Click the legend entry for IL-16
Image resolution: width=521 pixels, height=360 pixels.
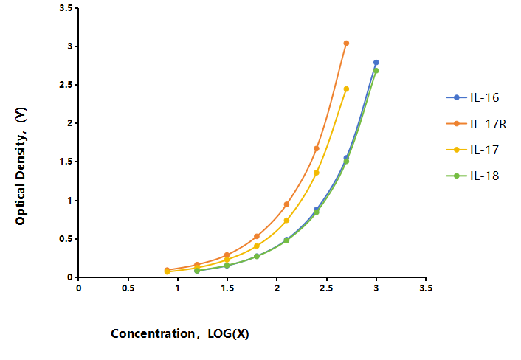coord(472,97)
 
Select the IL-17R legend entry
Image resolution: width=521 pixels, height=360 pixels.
coord(476,123)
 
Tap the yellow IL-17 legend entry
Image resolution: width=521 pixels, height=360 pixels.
coord(472,150)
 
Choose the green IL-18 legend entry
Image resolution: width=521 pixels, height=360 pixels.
coord(472,176)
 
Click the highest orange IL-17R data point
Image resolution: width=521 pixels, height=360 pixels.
coord(346,44)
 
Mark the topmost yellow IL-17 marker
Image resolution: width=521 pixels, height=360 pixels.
coord(346,89)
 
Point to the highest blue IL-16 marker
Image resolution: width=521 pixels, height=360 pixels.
coord(376,63)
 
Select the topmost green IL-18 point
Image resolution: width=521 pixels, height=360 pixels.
coord(376,70)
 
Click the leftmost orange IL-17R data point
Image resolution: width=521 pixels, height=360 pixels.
coord(167,270)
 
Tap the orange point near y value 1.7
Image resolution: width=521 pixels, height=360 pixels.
coord(317,148)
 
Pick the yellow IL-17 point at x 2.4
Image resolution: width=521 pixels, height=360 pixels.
coord(317,173)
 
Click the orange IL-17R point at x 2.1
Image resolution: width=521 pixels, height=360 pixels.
coord(286,204)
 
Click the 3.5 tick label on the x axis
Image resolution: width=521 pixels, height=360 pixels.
coord(426,288)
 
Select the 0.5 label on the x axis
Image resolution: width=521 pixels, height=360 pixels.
coord(128,288)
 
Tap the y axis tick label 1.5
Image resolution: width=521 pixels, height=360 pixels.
coord(66,162)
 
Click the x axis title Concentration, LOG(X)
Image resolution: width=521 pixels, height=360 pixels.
coord(180,333)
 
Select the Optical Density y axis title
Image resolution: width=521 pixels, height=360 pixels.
coord(21,166)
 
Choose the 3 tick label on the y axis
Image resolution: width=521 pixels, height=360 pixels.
coord(70,46)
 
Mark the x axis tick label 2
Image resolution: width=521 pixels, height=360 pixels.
coord(277,288)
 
